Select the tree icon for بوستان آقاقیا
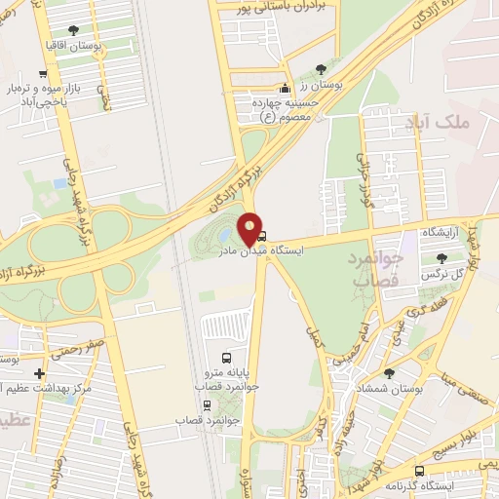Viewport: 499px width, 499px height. tap(74, 30)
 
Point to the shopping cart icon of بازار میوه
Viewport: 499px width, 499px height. tap(43, 74)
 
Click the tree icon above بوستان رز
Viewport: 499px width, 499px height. tap(322, 68)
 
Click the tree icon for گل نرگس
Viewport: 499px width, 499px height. tap(442, 257)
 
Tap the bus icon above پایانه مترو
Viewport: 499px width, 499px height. tap(227, 358)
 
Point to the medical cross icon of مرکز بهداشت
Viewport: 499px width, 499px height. tap(39, 373)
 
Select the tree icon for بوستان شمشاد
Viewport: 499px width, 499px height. tap(389, 373)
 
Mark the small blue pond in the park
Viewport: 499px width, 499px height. tap(224, 236)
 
